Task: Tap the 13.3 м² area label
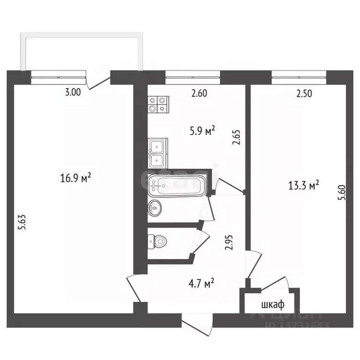click(304, 184)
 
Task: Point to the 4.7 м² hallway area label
click(200, 283)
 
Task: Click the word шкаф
click(272, 305)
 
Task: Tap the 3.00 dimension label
click(73, 93)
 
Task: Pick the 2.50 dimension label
click(304, 93)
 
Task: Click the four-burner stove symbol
click(157, 104)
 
